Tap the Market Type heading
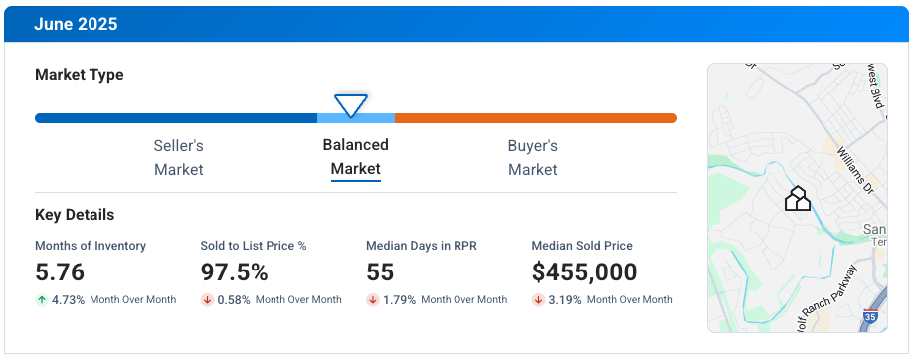pyautogui.click(x=79, y=75)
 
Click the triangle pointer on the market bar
pyautogui.click(x=351, y=104)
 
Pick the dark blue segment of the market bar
pyautogui.click(x=175, y=118)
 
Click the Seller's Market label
pyautogui.click(x=179, y=157)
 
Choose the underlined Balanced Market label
pyautogui.click(x=355, y=157)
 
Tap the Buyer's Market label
pyautogui.click(x=533, y=157)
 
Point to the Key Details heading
pyautogui.click(x=75, y=215)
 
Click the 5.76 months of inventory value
pyautogui.click(x=60, y=272)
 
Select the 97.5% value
pyautogui.click(x=235, y=272)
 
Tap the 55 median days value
pyautogui.click(x=380, y=272)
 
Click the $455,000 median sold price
pyautogui.click(x=585, y=272)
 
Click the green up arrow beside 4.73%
pyautogui.click(x=41, y=299)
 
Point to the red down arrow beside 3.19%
pyautogui.click(x=538, y=299)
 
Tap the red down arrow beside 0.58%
pyautogui.click(x=207, y=299)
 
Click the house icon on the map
pyautogui.click(x=797, y=199)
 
